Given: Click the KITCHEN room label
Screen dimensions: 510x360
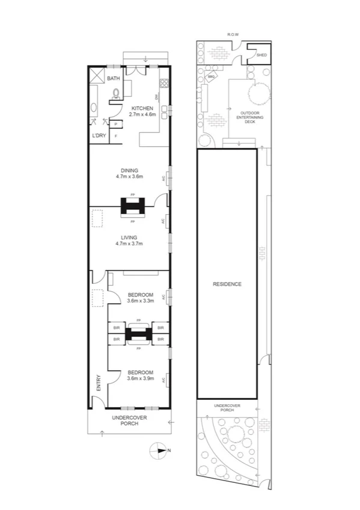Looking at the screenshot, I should click(144, 108).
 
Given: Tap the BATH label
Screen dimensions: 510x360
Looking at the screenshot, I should click(113, 79).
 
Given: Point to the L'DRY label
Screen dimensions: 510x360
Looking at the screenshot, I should click(99, 136).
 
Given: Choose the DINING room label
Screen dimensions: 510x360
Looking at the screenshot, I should click(130, 170).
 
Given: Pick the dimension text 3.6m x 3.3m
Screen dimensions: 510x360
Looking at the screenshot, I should click(141, 301).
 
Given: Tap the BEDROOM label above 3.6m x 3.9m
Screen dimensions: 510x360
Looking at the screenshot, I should click(141, 372).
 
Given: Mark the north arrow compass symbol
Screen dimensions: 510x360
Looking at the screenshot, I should click(159, 449).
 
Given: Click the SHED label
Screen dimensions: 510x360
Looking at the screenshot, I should click(261, 55).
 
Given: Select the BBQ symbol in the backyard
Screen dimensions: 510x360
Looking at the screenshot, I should click(211, 77).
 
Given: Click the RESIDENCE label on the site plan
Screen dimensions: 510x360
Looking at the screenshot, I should click(227, 284).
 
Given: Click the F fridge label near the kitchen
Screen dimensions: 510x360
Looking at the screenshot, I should click(115, 136).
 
